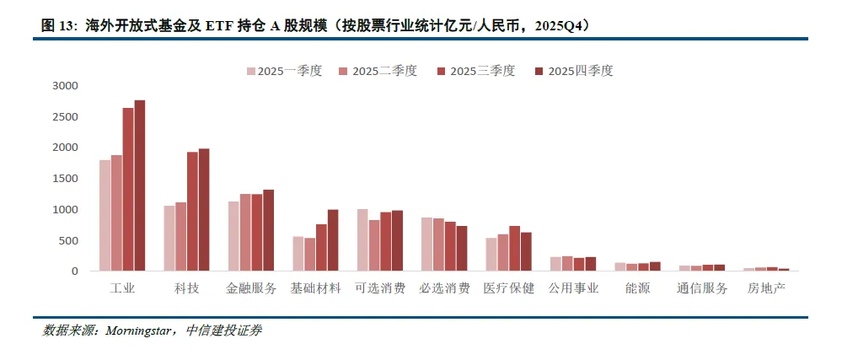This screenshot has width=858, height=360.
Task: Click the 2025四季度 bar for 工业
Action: click(140, 185)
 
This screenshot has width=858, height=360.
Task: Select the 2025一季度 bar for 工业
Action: click(105, 215)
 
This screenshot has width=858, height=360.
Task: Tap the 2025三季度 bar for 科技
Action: click(192, 212)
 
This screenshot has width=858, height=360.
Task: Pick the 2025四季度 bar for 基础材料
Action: click(332, 240)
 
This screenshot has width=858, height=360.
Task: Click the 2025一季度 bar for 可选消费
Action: click(362, 240)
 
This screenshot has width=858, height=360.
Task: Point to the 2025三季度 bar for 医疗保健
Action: click(514, 249)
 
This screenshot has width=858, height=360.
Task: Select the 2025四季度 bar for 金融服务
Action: click(268, 230)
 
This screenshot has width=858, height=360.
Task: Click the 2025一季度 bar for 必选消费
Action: click(426, 244)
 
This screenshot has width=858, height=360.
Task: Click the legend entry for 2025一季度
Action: click(283, 71)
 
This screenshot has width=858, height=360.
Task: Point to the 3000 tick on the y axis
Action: click(65, 86)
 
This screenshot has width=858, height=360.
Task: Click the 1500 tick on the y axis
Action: click(65, 179)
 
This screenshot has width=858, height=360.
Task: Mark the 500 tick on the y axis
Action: click(67, 240)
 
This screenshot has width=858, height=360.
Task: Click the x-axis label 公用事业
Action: click(572, 288)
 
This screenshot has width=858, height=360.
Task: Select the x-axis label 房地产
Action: click(765, 288)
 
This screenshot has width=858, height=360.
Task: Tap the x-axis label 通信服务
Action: click(701, 288)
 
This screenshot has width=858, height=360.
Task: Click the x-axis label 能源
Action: click(636, 288)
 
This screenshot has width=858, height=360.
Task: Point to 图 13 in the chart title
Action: click(58, 25)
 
